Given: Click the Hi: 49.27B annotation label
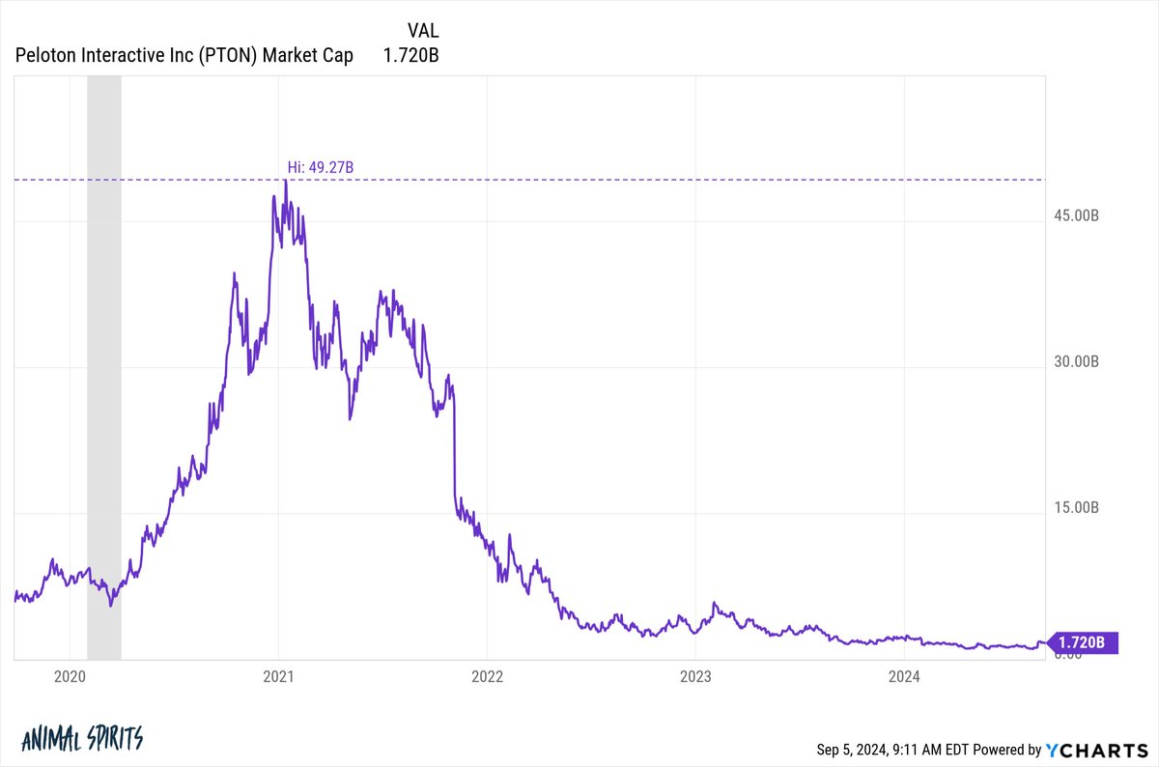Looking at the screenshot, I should [x=321, y=168].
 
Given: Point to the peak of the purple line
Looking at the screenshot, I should [x=285, y=181].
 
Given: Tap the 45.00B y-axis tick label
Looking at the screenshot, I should [x=1074, y=214].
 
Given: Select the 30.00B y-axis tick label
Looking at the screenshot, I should [x=1074, y=361].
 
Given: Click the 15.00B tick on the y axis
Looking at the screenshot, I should [x=1074, y=507].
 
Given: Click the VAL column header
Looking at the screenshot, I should [x=423, y=31].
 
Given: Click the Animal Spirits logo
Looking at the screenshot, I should [x=81, y=739].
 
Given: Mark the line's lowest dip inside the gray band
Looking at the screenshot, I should [x=111, y=606].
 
